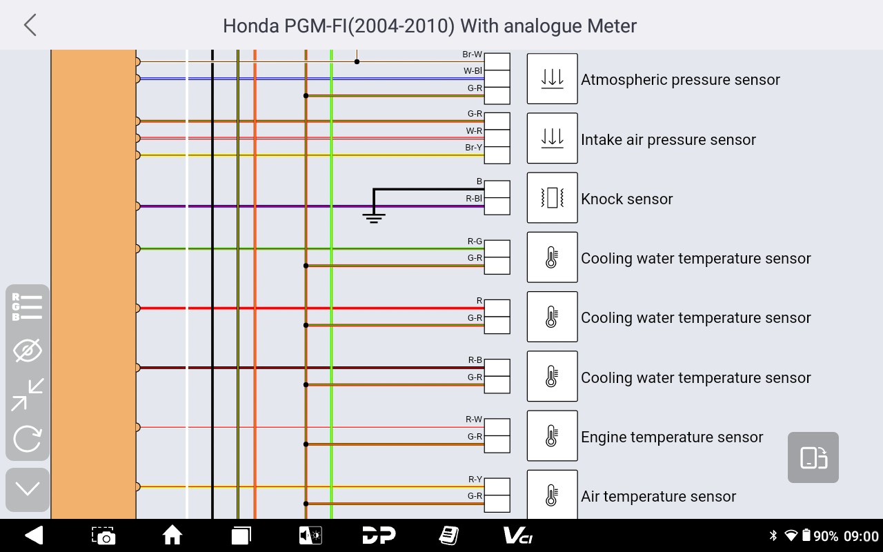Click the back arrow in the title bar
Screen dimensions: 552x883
point(30,26)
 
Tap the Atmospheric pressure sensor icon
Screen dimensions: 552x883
point(552,79)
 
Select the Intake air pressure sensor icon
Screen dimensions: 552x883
point(552,138)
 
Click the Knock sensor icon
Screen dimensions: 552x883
point(552,198)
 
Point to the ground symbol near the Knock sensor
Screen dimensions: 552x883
point(374,218)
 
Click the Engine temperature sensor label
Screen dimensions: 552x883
point(672,437)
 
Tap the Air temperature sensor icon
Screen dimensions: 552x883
point(552,495)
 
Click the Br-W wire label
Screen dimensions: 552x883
point(473,55)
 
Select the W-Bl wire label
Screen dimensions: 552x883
point(473,71)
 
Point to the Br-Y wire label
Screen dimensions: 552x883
point(474,148)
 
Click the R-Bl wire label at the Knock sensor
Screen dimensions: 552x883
point(474,199)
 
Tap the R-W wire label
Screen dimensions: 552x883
point(474,420)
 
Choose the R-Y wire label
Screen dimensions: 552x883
point(475,480)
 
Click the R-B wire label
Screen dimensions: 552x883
point(475,360)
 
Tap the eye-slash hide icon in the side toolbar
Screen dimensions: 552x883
point(28,351)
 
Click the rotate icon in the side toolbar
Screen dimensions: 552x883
point(28,439)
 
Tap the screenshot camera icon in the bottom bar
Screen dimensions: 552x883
point(103,535)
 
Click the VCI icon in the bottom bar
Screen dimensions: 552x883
point(517,535)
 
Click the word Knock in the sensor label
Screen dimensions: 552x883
point(603,199)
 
